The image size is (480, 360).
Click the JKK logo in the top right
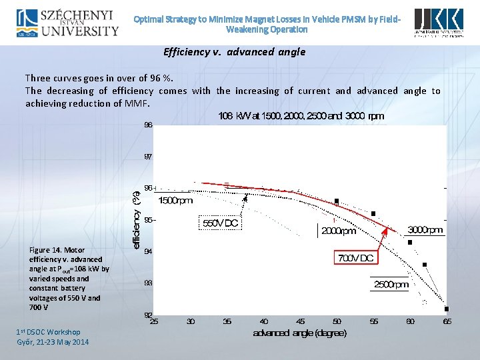(x=439, y=23)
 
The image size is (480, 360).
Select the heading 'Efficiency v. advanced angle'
(x=234, y=52)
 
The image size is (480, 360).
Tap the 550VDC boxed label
(x=220, y=224)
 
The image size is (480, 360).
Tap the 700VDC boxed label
(x=356, y=257)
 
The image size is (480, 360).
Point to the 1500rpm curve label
(x=176, y=200)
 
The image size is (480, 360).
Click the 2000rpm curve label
(x=339, y=231)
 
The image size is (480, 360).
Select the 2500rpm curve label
(x=391, y=285)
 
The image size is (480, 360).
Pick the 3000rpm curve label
(x=425, y=230)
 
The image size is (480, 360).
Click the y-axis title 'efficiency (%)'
(x=137, y=220)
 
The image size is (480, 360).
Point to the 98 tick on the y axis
(x=148, y=125)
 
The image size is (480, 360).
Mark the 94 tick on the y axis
(x=148, y=252)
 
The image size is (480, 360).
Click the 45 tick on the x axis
(x=301, y=322)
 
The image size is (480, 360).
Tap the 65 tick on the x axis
(x=447, y=322)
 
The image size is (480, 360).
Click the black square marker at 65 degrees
(x=447, y=309)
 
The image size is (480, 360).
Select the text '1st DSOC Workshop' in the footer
(x=49, y=332)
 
